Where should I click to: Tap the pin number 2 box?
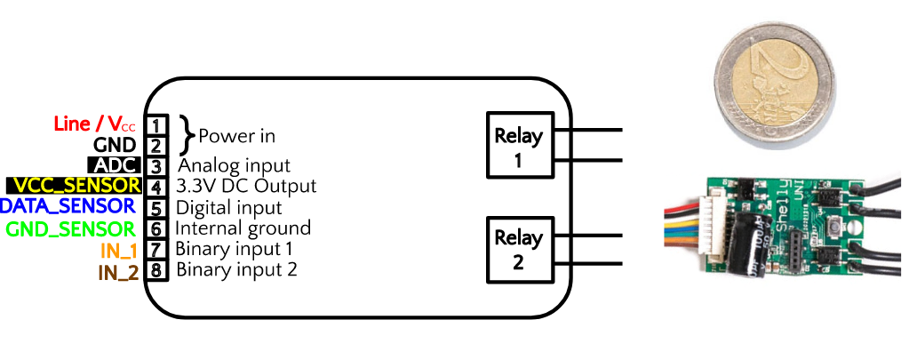pyautogui.click(x=155, y=146)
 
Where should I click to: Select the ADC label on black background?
pyautogui.click(x=113, y=166)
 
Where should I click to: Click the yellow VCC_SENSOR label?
pyautogui.click(x=74, y=186)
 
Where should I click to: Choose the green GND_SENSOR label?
pyautogui.click(x=72, y=228)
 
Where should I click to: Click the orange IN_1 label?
pyautogui.click(x=117, y=250)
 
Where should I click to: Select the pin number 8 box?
pyautogui.click(x=155, y=270)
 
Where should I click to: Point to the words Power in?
pyautogui.click(x=236, y=136)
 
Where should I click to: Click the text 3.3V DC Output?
pyautogui.click(x=247, y=187)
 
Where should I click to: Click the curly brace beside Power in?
pyautogui.click(x=186, y=135)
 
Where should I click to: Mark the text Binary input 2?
pyautogui.click(x=236, y=269)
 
